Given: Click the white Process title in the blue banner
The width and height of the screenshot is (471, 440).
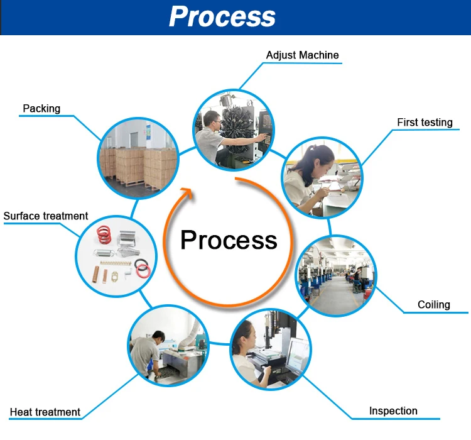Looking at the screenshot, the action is coord(222,16).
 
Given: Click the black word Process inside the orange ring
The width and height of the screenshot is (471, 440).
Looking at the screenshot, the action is coord(229,240).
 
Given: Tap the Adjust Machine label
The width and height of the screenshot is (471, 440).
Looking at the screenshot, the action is coord(303,55).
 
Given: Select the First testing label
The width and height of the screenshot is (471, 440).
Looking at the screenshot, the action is coord(425,123).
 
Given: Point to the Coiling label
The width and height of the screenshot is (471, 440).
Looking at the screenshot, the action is coord(434,305).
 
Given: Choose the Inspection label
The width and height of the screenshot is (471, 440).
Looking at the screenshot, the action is coord(393,411).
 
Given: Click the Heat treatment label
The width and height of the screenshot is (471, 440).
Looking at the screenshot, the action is coord(45,412).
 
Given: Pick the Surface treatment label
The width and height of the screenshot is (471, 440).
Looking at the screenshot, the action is coord(46,216).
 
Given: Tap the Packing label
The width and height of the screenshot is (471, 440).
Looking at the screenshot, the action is coord(41,109).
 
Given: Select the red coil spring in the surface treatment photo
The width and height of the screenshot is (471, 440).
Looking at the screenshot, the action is coord(104,234).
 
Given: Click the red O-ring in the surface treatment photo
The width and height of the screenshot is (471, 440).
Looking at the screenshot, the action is coord(143,271).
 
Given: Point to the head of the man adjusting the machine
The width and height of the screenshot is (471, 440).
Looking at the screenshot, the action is coord(212,119).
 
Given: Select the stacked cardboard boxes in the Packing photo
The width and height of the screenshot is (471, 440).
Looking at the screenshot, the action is coord(138,167).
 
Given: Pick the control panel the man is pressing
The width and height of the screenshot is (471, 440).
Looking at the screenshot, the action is coord(264,133).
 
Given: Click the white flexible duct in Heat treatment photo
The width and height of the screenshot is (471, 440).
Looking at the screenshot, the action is coord(190,334).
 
